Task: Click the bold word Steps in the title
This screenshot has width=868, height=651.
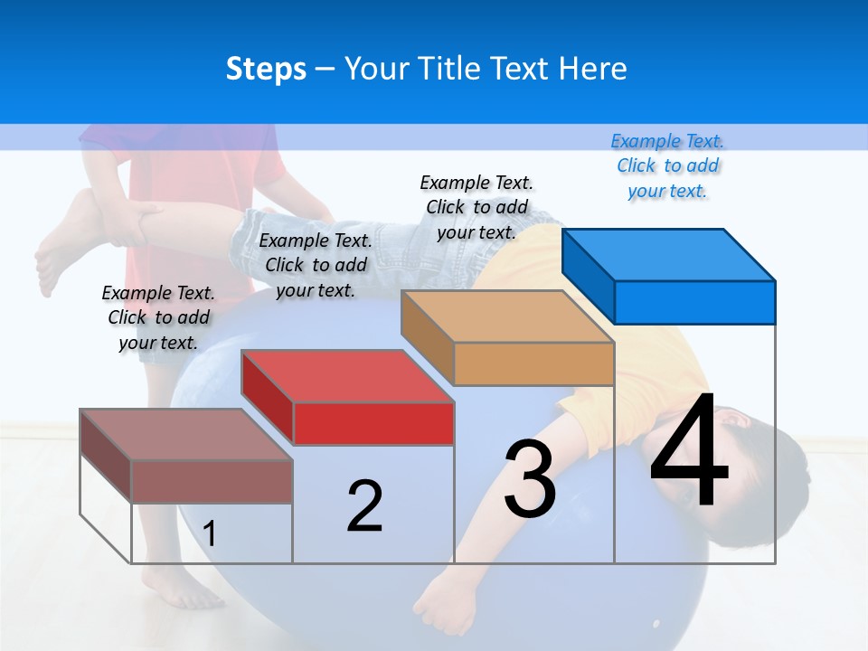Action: tap(266, 69)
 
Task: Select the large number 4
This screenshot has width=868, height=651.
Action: tap(689, 451)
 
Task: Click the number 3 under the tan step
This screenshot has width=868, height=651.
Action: tap(530, 478)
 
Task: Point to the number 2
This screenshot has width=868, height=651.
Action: tap(364, 505)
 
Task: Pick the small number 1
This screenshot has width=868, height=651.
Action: tap(210, 533)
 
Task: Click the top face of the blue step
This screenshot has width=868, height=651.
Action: tap(669, 254)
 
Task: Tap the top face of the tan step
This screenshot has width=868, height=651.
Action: tap(507, 316)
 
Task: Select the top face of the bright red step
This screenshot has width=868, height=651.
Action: tap(347, 376)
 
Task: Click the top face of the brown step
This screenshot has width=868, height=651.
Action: tap(186, 435)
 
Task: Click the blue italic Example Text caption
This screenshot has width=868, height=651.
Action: tap(667, 165)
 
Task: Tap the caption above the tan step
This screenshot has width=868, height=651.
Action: tap(476, 207)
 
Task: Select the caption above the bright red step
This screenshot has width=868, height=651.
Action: tap(316, 265)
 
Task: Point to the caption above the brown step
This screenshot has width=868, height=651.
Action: tap(158, 317)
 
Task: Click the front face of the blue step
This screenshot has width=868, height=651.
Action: tap(694, 302)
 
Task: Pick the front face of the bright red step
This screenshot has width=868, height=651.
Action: tap(373, 423)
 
